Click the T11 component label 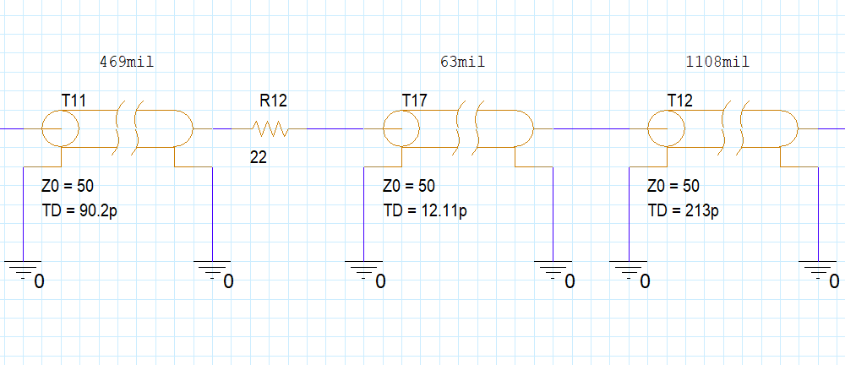74,101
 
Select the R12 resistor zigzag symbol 270,129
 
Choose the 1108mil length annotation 719,62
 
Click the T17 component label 414,101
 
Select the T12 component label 679,101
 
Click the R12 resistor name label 273,101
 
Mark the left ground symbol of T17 363,270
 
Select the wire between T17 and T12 591,129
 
